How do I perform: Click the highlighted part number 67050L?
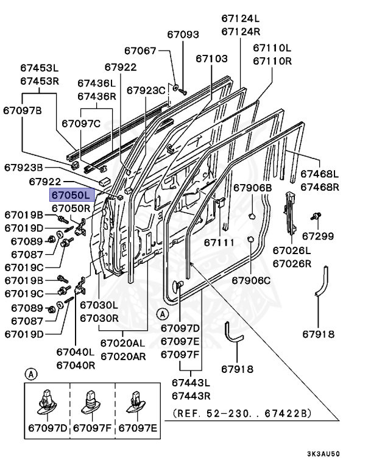pyautogui.click(x=70, y=195)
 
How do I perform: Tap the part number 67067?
pyautogui.click(x=140, y=51)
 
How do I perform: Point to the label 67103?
pyautogui.click(x=211, y=58)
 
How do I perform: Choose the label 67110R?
pyautogui.click(x=272, y=61)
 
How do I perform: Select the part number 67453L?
pyautogui.click(x=40, y=69)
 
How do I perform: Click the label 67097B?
pyautogui.click(x=23, y=110)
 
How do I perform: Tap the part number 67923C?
pyautogui.click(x=146, y=90)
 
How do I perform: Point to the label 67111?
pyautogui.click(x=219, y=243)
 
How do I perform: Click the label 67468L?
pyautogui.click(x=319, y=174)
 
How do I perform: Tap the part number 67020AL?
pyautogui.click(x=123, y=343)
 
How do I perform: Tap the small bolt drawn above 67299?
pyautogui.click(x=316, y=215)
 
